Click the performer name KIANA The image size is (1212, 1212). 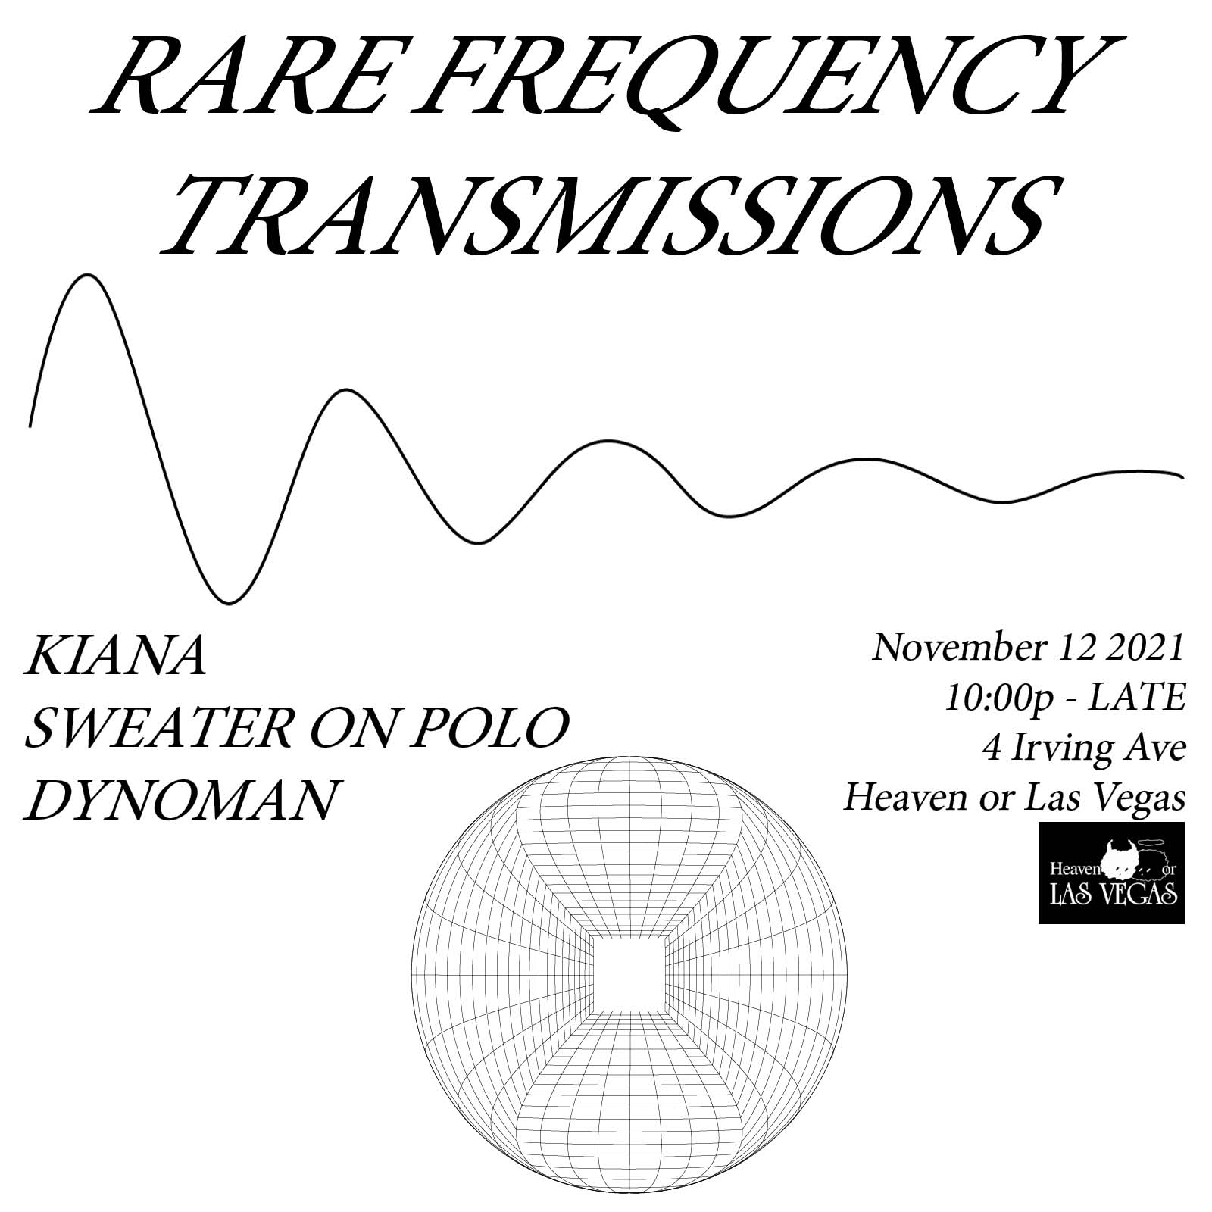coord(115,657)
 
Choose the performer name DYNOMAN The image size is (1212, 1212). coord(180,800)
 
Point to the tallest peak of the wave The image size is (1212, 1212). coord(89,276)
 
